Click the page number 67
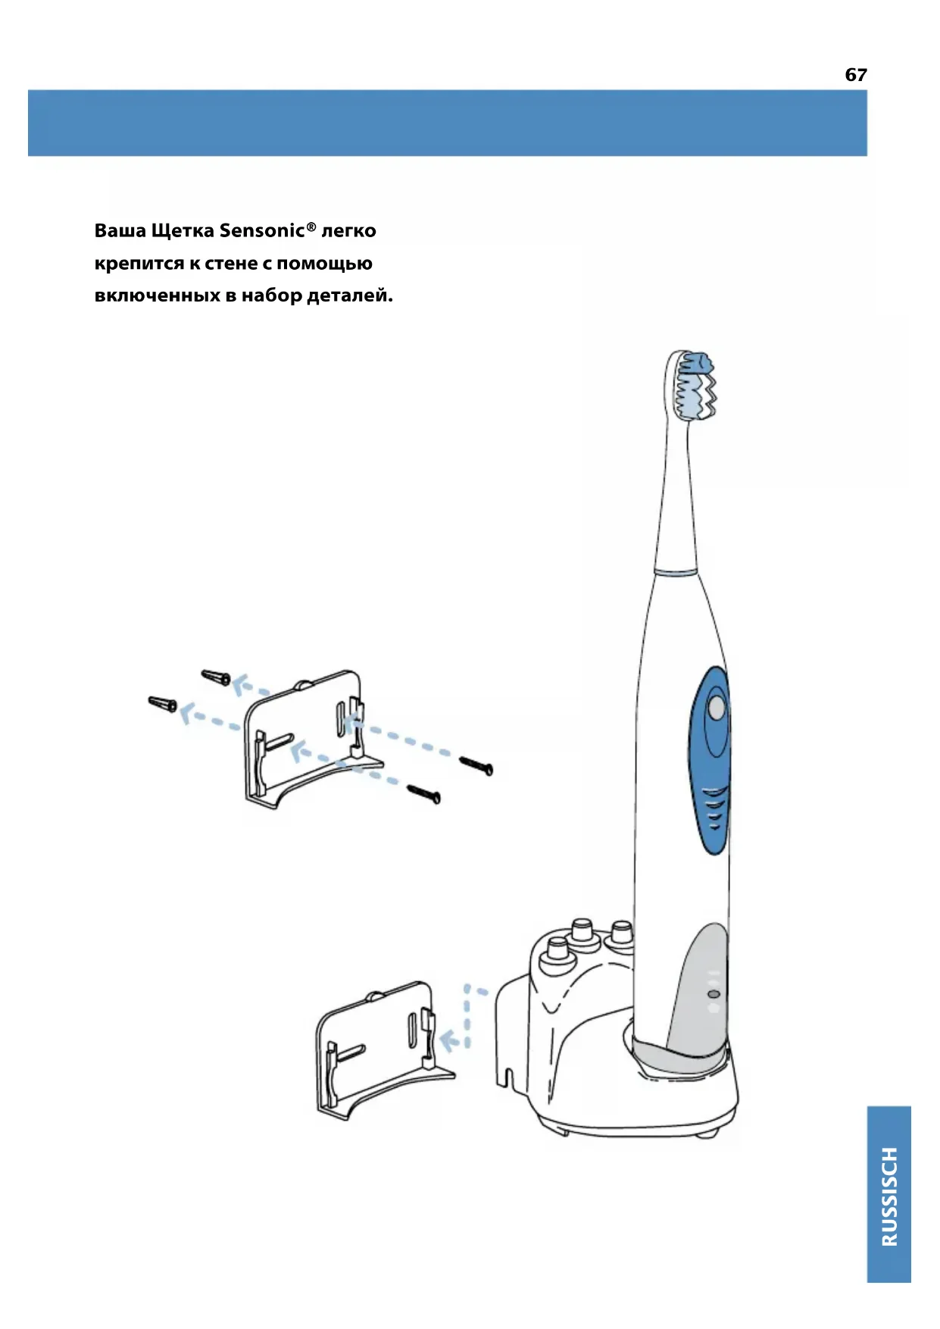(x=855, y=74)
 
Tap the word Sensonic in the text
(x=262, y=230)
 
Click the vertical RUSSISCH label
(x=888, y=1196)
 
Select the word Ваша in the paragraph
(x=120, y=230)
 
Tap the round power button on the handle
(x=716, y=708)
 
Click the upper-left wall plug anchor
(x=216, y=677)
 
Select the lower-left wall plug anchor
(x=163, y=704)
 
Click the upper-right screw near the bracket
(x=476, y=765)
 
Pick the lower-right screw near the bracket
(x=424, y=793)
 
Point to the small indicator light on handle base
(x=713, y=993)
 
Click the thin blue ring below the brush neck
(x=676, y=572)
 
